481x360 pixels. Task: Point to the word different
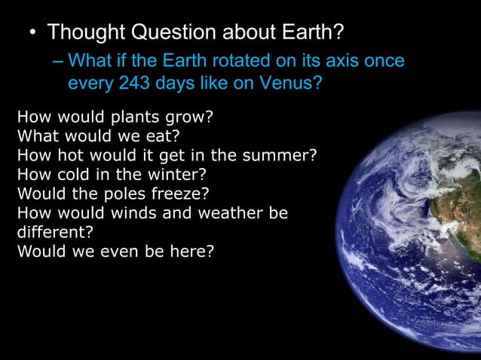point(50,232)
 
